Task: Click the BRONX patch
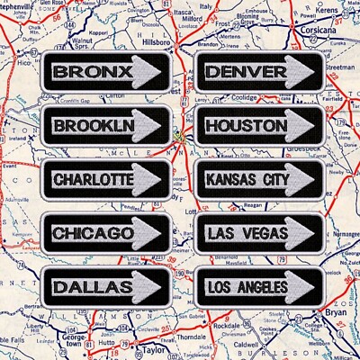tap(105, 71)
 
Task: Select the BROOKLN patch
tap(105, 124)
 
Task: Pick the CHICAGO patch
tap(105, 233)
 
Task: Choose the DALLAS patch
tap(105, 286)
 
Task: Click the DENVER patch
tap(258, 71)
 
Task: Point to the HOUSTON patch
tap(258, 124)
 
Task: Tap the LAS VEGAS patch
tap(258, 233)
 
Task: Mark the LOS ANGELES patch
tap(258, 286)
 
